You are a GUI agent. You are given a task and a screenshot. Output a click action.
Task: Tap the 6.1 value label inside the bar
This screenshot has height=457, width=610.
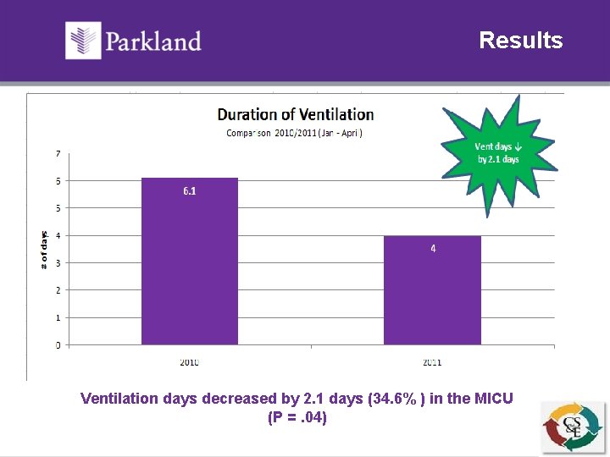[189, 191]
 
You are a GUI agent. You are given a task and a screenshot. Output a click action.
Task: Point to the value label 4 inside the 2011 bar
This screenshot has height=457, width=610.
[433, 249]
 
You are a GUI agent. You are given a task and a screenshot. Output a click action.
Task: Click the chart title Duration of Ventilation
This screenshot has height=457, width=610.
[295, 114]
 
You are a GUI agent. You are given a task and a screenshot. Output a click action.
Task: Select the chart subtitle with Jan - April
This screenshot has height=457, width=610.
[295, 133]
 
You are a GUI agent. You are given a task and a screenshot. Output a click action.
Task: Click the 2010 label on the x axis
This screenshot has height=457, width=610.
[189, 362]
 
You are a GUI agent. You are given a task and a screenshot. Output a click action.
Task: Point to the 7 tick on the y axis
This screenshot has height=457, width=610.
[58, 153]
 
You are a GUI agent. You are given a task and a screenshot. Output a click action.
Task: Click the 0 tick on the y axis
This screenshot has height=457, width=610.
[58, 345]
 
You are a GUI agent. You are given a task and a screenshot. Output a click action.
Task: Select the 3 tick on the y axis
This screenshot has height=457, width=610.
[58, 263]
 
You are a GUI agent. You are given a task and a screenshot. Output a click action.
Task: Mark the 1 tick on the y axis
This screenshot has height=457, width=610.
[58, 318]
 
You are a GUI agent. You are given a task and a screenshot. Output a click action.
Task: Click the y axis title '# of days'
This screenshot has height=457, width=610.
[44, 250]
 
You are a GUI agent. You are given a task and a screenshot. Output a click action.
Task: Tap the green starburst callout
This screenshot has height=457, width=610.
[497, 154]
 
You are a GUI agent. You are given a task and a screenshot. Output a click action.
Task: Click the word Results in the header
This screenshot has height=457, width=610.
[520, 41]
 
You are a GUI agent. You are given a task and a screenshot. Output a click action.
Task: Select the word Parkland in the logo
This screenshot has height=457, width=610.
[153, 41]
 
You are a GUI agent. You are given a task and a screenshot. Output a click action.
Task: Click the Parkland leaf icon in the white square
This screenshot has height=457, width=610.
[83, 41]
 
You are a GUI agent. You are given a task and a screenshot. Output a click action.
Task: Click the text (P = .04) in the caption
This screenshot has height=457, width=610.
[297, 417]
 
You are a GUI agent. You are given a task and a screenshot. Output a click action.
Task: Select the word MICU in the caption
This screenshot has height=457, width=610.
[491, 398]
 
